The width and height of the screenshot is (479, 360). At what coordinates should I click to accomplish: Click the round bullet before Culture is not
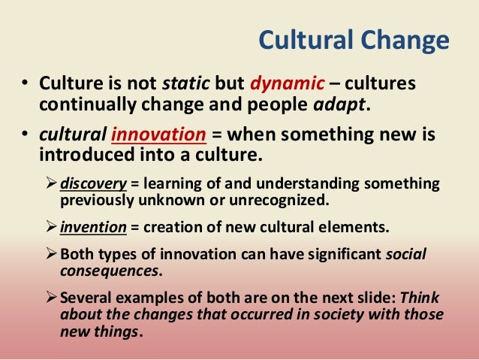(25, 81)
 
